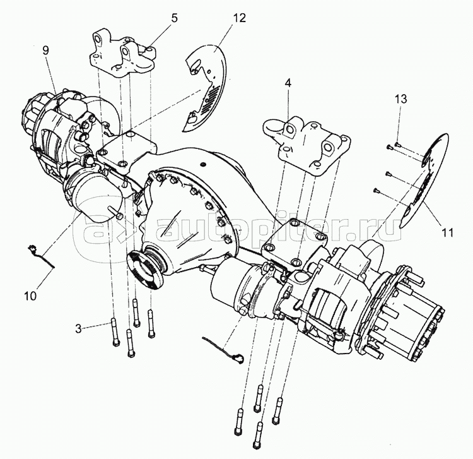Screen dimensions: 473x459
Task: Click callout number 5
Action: click(174, 18)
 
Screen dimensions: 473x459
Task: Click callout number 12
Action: click(239, 18)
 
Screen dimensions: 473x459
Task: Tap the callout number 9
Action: click(45, 50)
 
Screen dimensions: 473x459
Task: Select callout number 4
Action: click(288, 83)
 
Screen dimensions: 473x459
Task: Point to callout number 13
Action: click(401, 99)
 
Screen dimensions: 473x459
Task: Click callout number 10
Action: click(30, 295)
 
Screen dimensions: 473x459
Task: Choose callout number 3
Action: click(78, 328)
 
